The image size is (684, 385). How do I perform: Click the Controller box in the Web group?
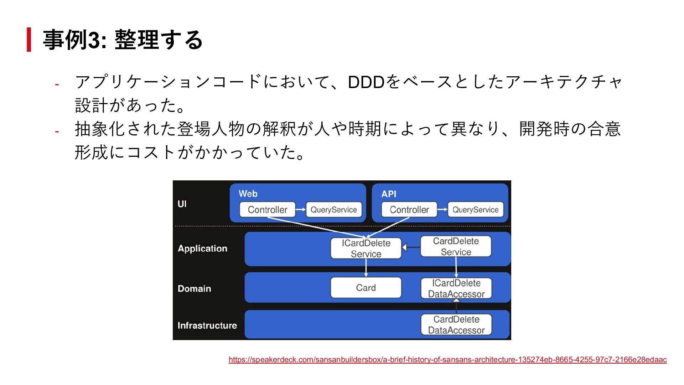tap(267, 210)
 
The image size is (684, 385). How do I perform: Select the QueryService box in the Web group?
tap(333, 210)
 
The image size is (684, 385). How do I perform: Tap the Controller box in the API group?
tap(409, 210)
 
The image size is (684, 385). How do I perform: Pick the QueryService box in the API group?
tap(475, 210)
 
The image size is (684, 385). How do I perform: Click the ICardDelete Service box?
tap(366, 248)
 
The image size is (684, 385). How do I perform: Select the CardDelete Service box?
tap(456, 246)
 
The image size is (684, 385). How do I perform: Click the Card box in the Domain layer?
tap(366, 288)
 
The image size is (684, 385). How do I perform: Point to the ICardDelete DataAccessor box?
tap(456, 288)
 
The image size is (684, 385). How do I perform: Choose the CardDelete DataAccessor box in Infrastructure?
tap(456, 325)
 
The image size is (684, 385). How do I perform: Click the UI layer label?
tap(182, 204)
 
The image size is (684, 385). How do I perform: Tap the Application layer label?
tap(202, 248)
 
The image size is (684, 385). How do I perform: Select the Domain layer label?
tap(194, 288)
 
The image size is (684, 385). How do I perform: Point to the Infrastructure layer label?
tap(207, 325)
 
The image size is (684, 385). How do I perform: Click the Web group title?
tap(248, 194)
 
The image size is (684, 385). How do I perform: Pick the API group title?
tap(389, 194)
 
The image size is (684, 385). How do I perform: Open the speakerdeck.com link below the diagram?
tap(447, 360)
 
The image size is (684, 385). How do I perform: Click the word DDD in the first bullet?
tap(366, 82)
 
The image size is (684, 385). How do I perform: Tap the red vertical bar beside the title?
tap(29, 40)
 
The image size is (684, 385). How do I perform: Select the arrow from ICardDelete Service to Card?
tap(366, 268)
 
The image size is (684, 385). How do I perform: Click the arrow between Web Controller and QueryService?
tap(301, 210)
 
